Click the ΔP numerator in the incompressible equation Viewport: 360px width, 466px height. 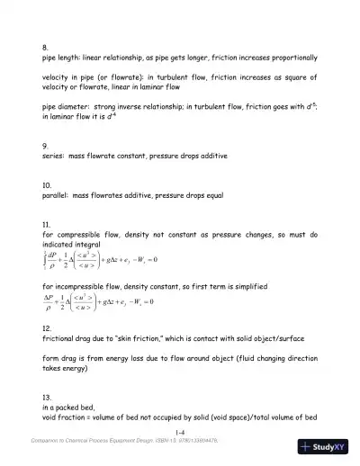pyautogui.click(x=50, y=294)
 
